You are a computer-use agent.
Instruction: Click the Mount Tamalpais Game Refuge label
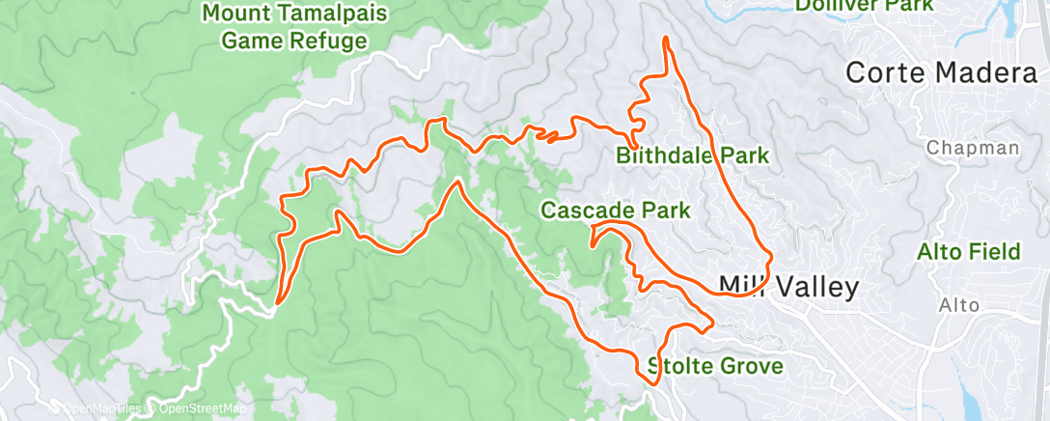tap(294, 28)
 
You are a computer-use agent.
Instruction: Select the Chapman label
tap(972, 148)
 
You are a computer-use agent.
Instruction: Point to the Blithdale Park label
tap(693, 155)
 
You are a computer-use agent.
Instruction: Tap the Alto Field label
tap(968, 252)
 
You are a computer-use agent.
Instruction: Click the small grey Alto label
tap(959, 305)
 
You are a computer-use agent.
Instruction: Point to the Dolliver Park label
tap(864, 6)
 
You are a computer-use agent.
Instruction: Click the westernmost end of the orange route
tap(277, 302)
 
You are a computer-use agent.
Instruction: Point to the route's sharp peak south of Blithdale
tap(453, 181)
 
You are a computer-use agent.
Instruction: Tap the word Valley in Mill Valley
tap(813, 286)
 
